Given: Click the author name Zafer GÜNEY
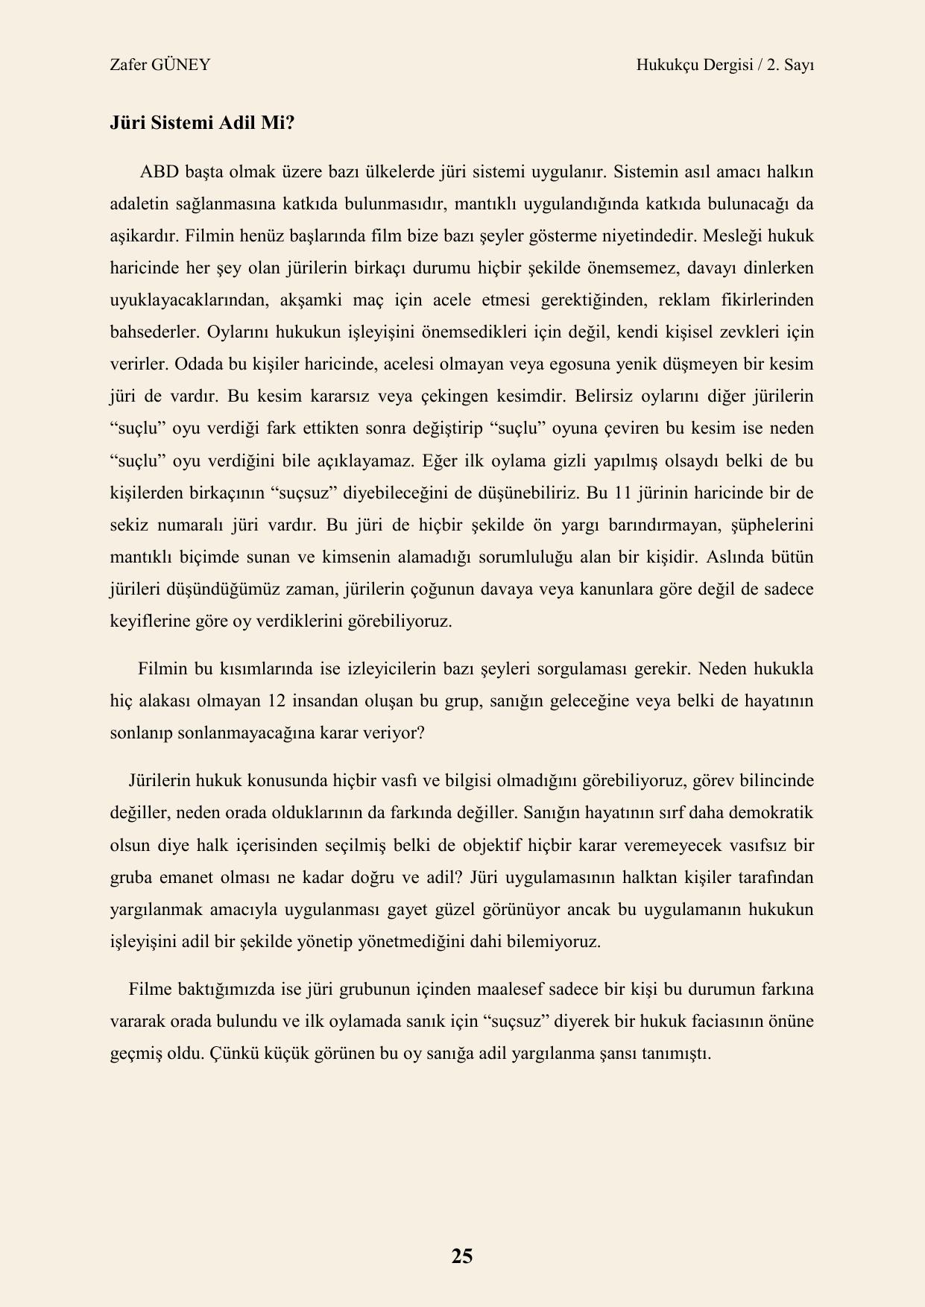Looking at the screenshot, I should tap(160, 65).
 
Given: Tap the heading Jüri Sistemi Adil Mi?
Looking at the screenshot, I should tap(202, 123).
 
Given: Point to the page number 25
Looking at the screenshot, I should tap(462, 1256).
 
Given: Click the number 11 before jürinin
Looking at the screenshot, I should tap(645, 493).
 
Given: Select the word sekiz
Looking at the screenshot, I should tap(129, 525).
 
